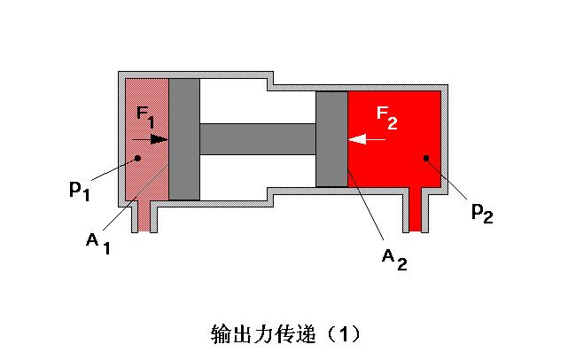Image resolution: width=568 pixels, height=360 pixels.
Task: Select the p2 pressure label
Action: point(481,212)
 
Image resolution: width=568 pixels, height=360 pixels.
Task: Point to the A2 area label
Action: point(394,257)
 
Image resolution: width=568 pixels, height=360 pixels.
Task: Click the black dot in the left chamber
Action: point(136,159)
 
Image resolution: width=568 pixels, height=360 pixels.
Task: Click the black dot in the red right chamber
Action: point(426,159)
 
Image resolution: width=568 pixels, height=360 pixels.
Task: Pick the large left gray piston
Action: point(183,139)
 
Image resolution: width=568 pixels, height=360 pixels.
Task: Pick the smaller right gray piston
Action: point(331,139)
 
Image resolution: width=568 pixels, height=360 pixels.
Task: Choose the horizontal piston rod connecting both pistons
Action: point(257,138)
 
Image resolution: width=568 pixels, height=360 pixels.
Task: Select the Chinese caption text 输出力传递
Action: point(266,335)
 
